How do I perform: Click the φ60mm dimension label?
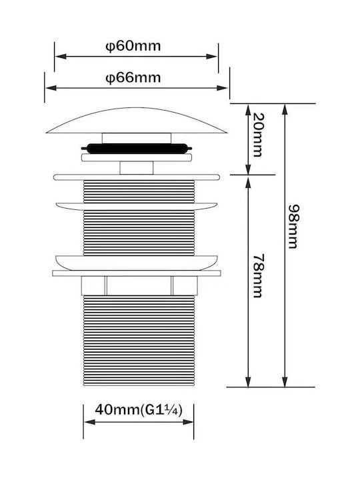point(133,46)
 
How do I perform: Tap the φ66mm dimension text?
point(133,78)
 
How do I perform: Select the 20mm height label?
point(258,135)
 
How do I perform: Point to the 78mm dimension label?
point(258,275)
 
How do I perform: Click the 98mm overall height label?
point(293,227)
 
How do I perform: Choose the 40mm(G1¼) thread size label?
point(139,409)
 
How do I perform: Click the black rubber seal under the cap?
point(137,148)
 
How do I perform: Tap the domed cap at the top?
point(137,121)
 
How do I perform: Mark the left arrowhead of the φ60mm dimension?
point(60,56)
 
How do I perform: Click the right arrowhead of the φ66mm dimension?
point(222,88)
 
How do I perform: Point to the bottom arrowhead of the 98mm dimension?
point(285,381)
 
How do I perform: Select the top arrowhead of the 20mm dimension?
point(248,109)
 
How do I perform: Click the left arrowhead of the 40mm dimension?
point(89,422)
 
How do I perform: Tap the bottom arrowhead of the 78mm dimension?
point(248,381)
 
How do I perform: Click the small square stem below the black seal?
point(137,168)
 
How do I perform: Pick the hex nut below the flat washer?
point(139,285)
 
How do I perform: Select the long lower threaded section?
point(139,341)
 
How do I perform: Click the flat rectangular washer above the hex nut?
point(137,273)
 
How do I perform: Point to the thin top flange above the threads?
point(137,177)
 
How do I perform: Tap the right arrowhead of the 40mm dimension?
point(188,422)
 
